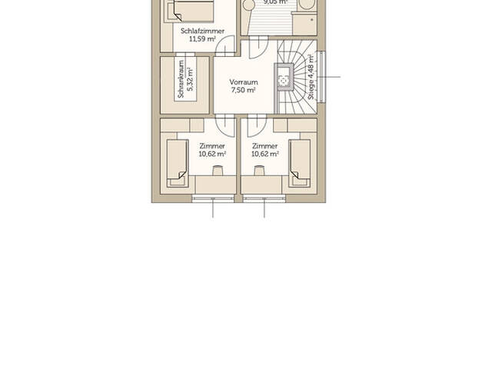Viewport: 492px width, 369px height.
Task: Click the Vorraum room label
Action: click(x=244, y=82)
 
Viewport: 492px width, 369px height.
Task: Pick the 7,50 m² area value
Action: click(x=244, y=90)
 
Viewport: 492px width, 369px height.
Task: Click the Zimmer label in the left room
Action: click(x=212, y=145)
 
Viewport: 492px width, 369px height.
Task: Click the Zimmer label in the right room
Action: click(x=264, y=145)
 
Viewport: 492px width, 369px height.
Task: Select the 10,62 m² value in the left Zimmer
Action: click(x=212, y=154)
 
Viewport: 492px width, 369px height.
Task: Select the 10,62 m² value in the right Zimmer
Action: click(x=264, y=154)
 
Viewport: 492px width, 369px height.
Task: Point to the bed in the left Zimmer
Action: click(x=177, y=161)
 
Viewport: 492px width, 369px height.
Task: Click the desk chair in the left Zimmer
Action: click(x=218, y=172)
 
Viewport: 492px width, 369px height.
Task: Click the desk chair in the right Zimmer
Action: click(x=259, y=172)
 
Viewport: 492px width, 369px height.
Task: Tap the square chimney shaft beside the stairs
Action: click(x=283, y=77)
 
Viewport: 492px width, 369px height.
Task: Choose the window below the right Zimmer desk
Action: click(x=264, y=198)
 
